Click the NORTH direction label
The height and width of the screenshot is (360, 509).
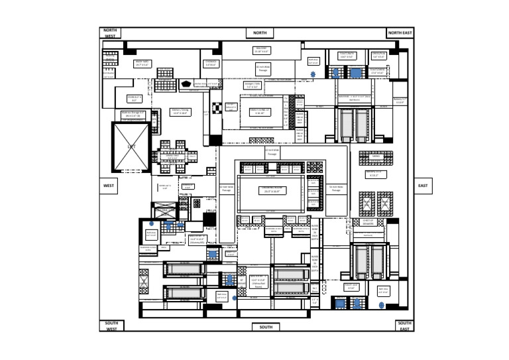coord(260,33)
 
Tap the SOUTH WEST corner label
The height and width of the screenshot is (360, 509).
coord(111,326)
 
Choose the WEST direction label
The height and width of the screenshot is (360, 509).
coord(109,186)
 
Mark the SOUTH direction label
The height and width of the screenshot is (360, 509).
coord(266,327)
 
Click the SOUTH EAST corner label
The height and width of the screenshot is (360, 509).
coord(404,326)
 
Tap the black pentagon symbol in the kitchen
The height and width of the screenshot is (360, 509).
coord(186,84)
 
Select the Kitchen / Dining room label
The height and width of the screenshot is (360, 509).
coord(180,112)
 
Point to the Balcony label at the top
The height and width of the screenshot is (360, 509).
coord(262,50)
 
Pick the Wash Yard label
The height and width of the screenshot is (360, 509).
coord(142,64)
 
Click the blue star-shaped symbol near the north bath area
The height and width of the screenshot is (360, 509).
coord(313,75)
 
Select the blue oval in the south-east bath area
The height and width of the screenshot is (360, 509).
coord(381,305)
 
